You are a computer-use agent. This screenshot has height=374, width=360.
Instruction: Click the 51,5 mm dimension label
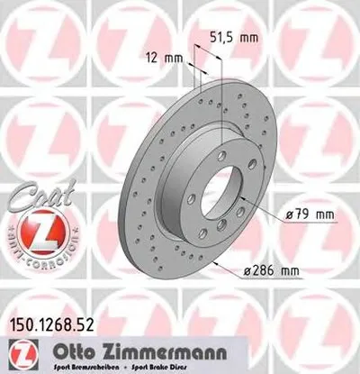(x=235, y=39)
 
